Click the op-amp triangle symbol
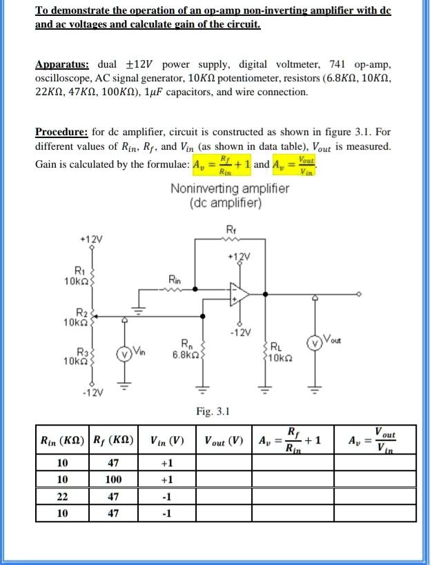coord(239,294)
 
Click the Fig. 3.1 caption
coord(213,412)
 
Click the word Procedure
coord(61,132)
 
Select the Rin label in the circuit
coord(175,279)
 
